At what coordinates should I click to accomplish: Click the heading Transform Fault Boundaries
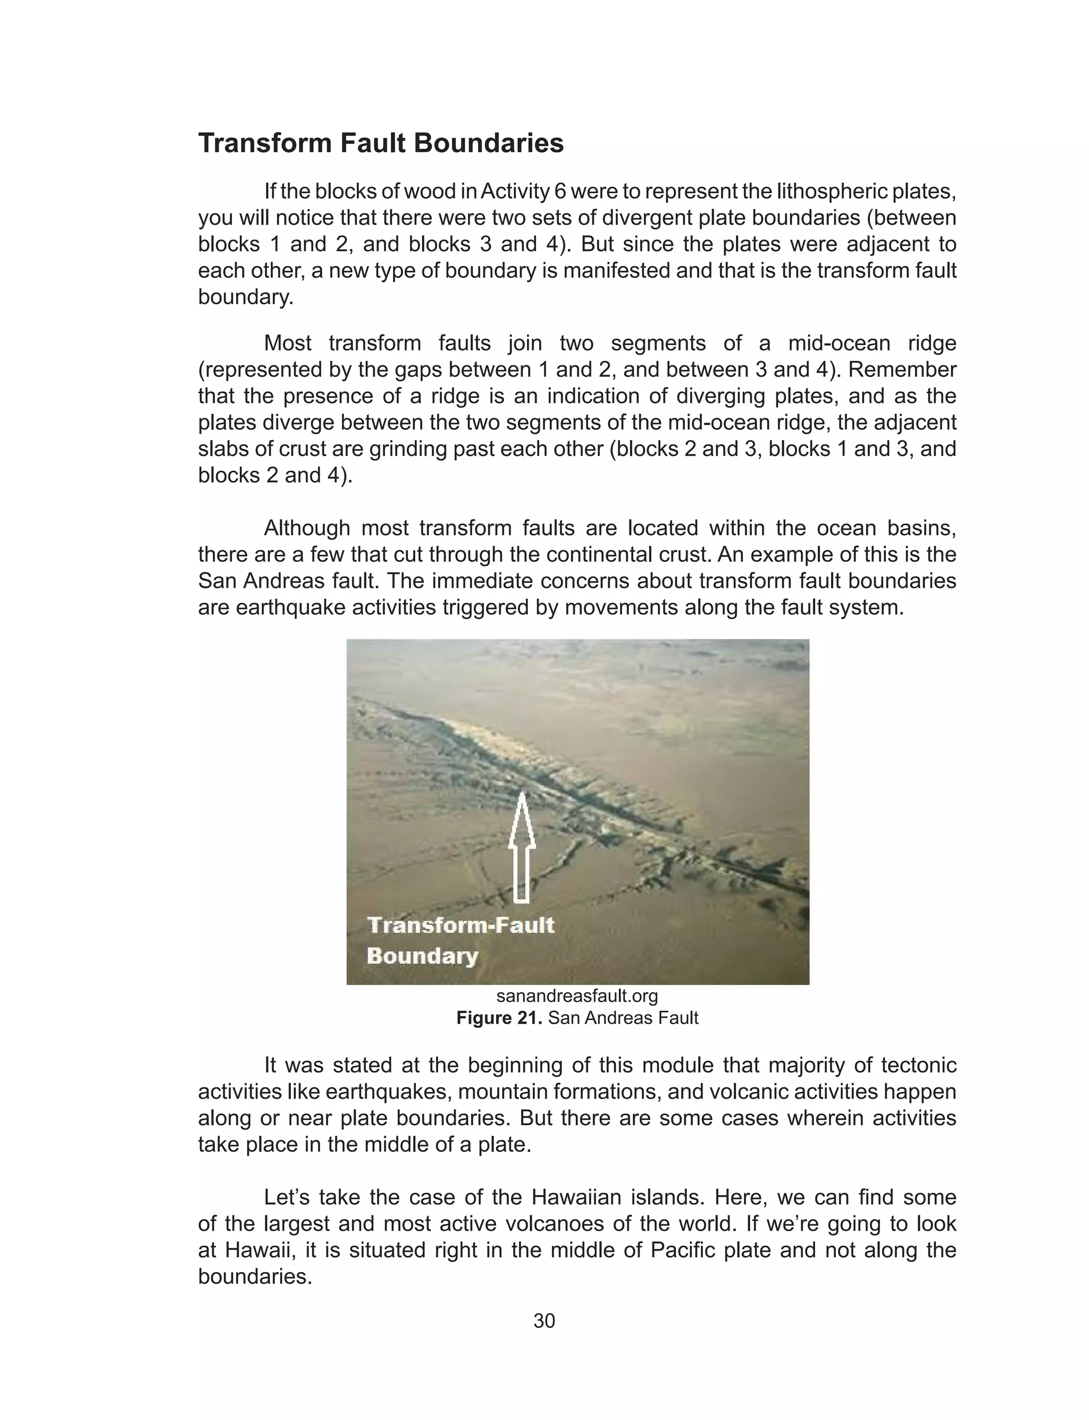coord(381,143)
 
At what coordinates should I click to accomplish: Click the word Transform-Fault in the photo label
coord(461,925)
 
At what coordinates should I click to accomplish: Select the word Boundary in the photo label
coord(423,956)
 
